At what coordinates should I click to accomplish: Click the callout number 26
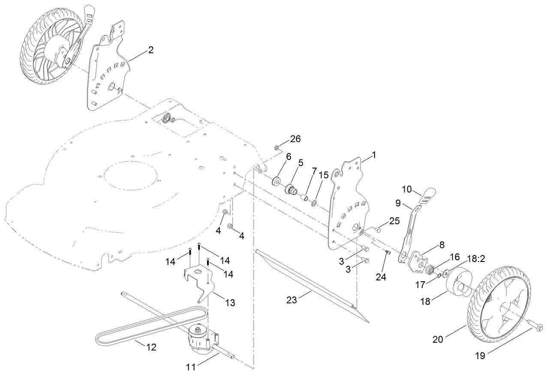(295, 139)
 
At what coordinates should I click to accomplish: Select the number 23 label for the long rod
(292, 300)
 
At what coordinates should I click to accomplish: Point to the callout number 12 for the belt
(151, 347)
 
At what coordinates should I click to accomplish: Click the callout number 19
(480, 362)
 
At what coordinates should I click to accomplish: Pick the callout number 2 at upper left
(151, 50)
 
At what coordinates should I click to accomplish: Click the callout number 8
(442, 245)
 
